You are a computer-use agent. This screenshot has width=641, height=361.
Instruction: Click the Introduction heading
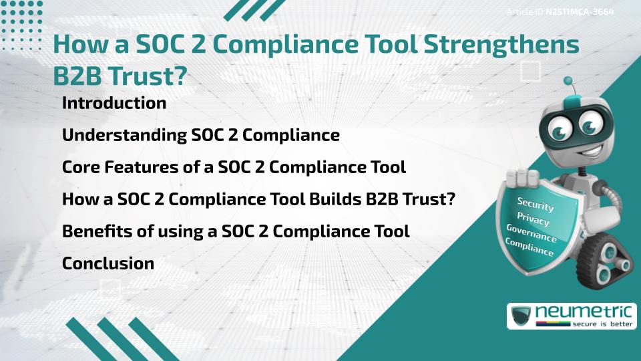click(114, 104)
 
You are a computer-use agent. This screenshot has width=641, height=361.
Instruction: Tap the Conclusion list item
click(108, 263)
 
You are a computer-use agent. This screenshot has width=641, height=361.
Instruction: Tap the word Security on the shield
click(536, 205)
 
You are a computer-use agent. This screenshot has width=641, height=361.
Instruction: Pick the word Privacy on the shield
click(533, 219)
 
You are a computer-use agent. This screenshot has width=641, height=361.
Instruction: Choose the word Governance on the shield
click(531, 233)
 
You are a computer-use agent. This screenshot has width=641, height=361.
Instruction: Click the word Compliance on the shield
click(529, 247)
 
